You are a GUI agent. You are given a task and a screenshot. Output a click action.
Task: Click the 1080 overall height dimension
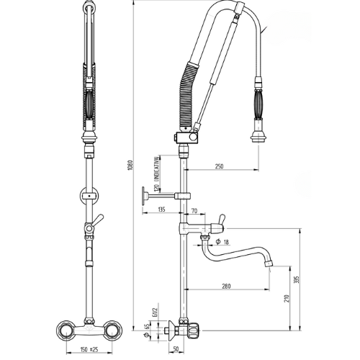(x=130, y=165)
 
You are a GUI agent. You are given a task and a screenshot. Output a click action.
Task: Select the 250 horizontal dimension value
(x=219, y=166)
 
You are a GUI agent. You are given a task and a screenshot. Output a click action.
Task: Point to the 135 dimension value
(x=162, y=210)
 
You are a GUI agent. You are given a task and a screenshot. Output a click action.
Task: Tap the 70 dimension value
(x=194, y=211)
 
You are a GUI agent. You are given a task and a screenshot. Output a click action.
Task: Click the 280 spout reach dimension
(x=226, y=286)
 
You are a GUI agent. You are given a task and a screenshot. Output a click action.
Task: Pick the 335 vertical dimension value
(x=297, y=279)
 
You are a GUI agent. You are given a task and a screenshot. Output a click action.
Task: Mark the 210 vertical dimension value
(x=288, y=298)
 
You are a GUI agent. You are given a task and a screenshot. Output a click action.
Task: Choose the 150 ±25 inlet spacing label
(x=89, y=349)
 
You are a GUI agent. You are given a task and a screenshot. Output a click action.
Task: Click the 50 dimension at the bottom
(x=176, y=349)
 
